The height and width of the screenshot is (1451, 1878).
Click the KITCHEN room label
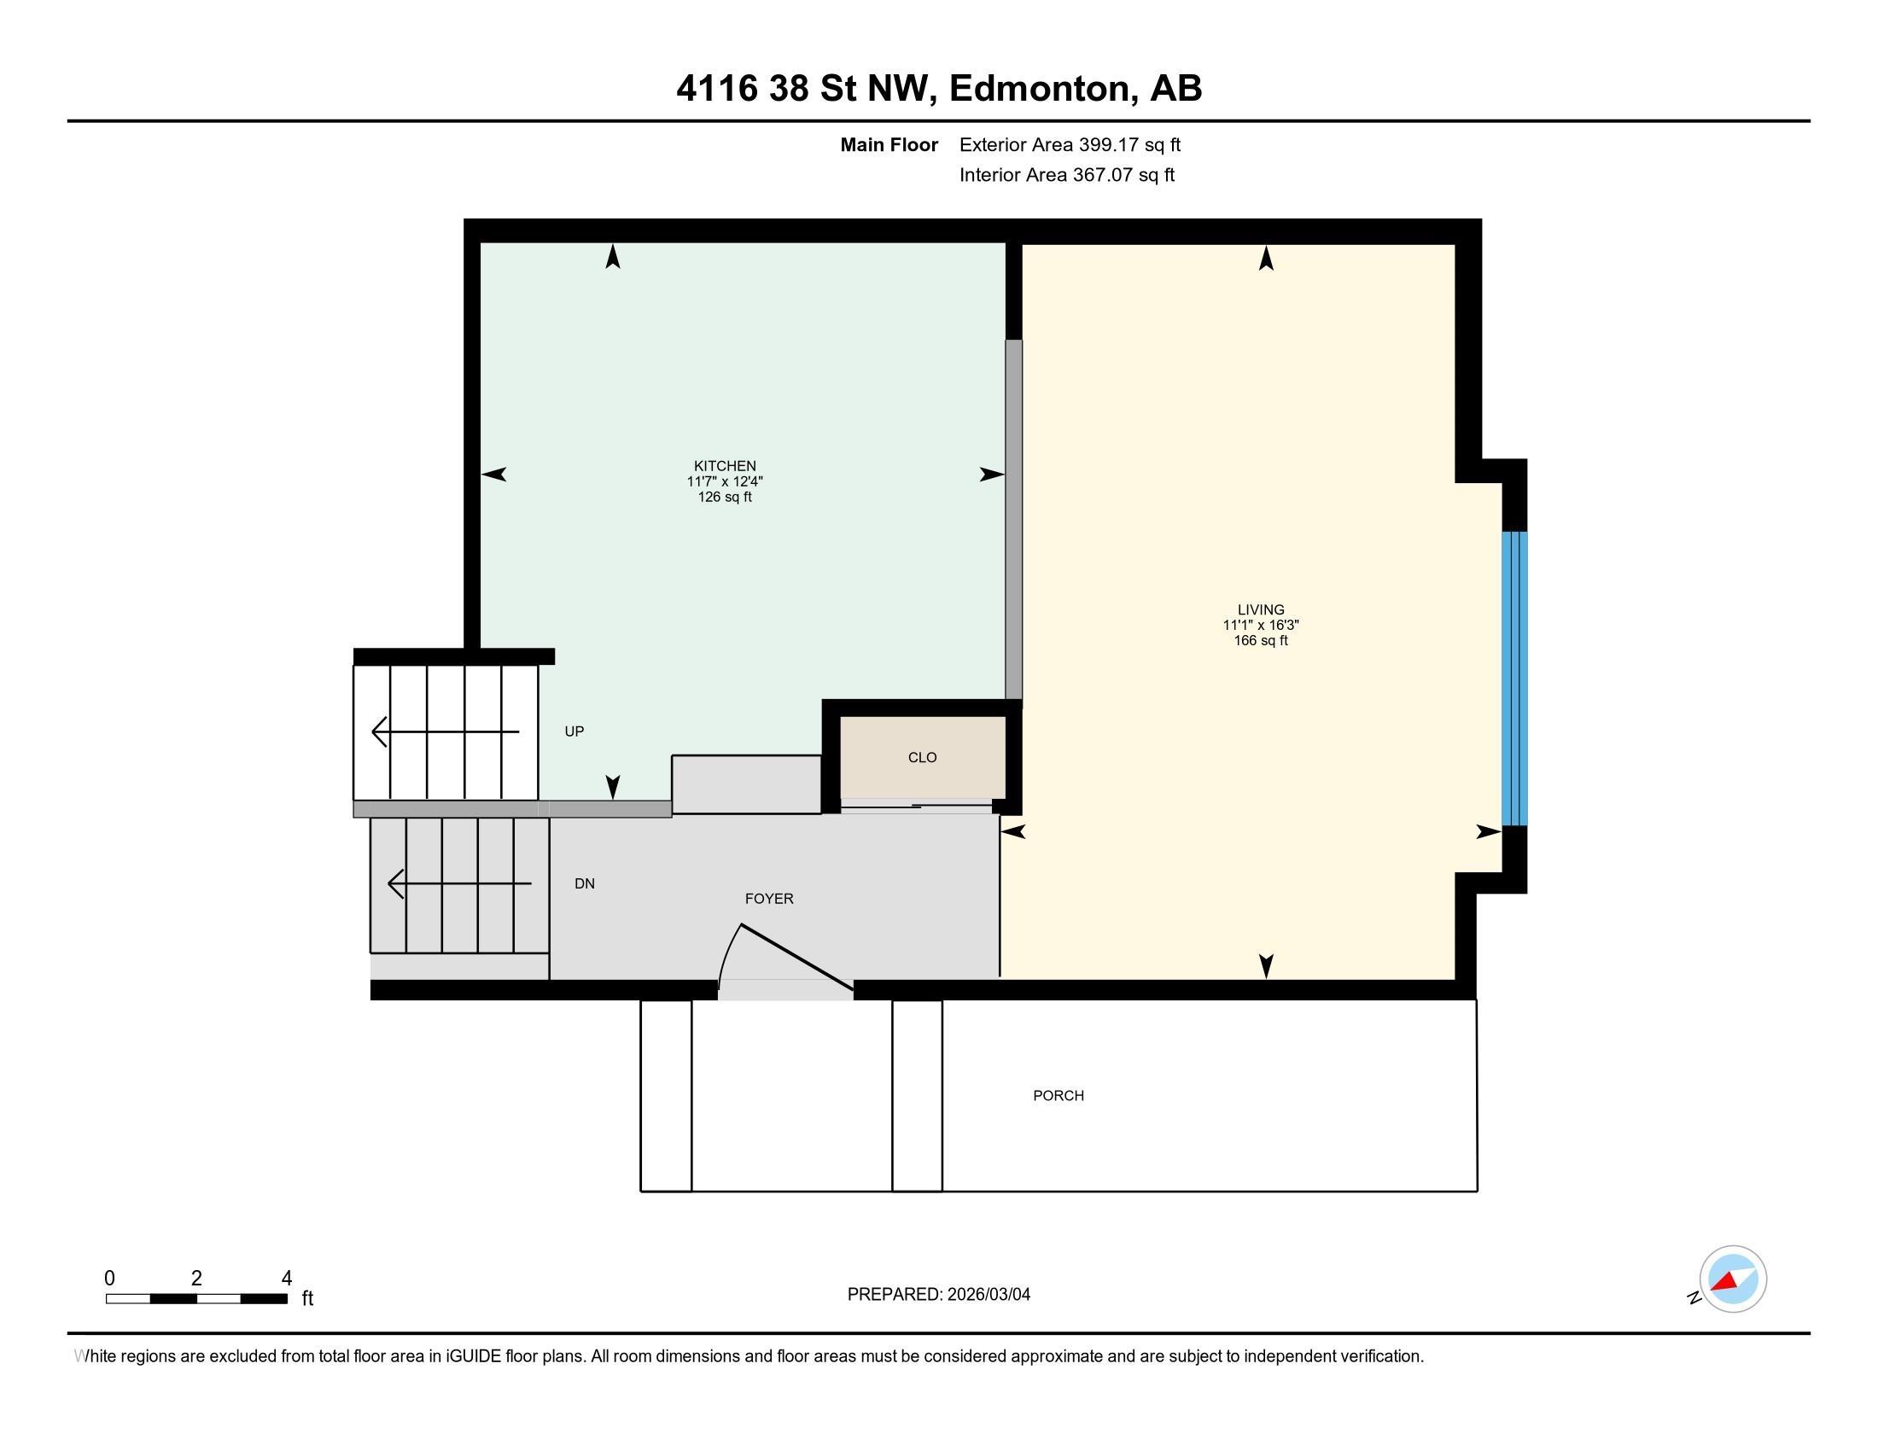pyautogui.click(x=725, y=466)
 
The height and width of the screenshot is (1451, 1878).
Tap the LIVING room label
pyautogui.click(x=1261, y=609)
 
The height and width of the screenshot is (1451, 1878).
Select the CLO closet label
pyautogui.click(x=922, y=757)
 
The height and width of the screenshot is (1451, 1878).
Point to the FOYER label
pyautogui.click(x=769, y=898)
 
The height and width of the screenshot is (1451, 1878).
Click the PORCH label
pyautogui.click(x=1059, y=1095)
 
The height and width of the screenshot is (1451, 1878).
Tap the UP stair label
pyautogui.click(x=574, y=731)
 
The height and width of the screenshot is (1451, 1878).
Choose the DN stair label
pyautogui.click(x=585, y=883)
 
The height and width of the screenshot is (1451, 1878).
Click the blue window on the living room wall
pyautogui.click(x=1514, y=679)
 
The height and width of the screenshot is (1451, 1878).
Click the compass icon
pyautogui.click(x=1733, y=1279)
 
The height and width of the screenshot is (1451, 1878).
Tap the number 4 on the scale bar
pyautogui.click(x=286, y=1279)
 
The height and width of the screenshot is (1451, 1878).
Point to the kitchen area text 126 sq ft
pyautogui.click(x=725, y=497)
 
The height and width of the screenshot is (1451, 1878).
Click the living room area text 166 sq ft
pyautogui.click(x=1261, y=640)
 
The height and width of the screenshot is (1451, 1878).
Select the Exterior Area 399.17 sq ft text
pyautogui.click(x=1070, y=145)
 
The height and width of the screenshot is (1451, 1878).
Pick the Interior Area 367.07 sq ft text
pyautogui.click(x=1067, y=175)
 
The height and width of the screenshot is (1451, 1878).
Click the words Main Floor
pyautogui.click(x=889, y=145)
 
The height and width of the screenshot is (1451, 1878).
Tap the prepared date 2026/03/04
pyautogui.click(x=989, y=1295)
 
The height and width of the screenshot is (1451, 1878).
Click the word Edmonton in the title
pyautogui.click(x=1040, y=89)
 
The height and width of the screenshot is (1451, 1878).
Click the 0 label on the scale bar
pyautogui.click(x=109, y=1279)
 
